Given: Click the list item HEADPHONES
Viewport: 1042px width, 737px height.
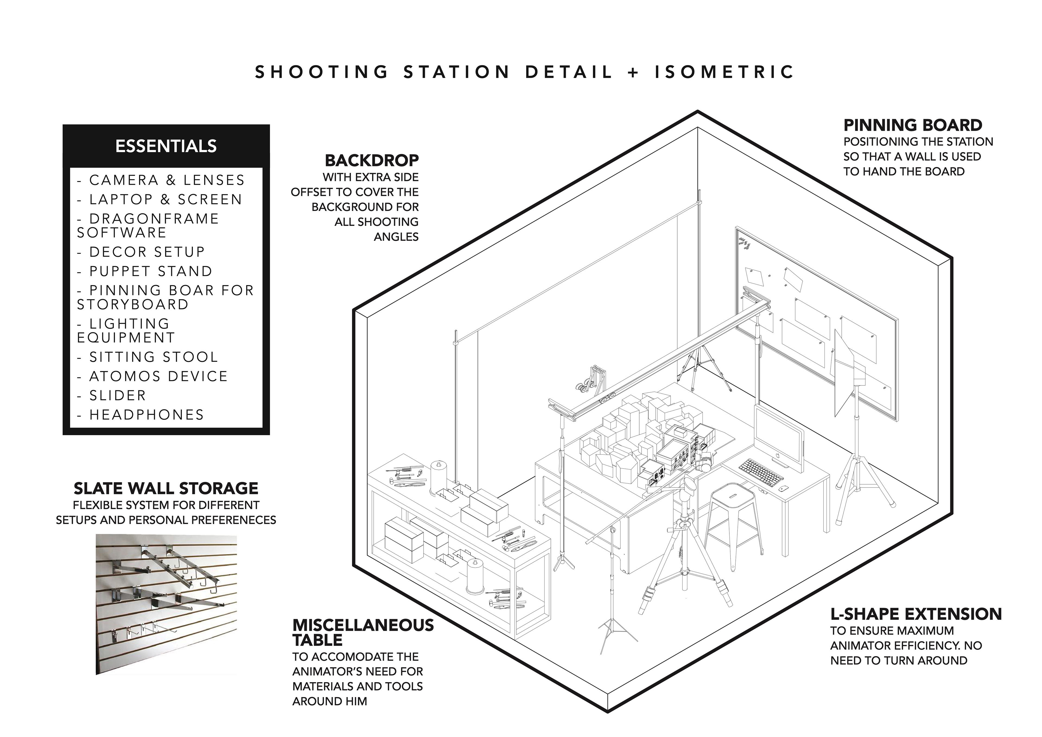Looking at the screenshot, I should (147, 415).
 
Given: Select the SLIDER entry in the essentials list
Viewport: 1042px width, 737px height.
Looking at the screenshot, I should (117, 396).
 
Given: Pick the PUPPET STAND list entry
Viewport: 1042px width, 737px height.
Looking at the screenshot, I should (151, 271).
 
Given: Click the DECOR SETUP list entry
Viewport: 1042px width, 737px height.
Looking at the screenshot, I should (147, 252).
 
